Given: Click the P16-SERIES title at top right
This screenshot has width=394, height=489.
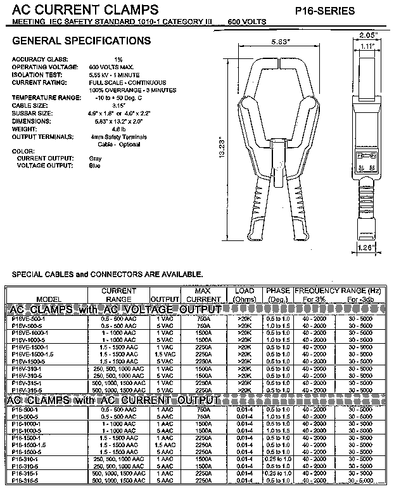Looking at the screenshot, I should point(343,11).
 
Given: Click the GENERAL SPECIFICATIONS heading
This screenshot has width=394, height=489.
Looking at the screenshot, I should point(82,41).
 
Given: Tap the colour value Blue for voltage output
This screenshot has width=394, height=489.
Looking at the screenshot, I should point(94,165).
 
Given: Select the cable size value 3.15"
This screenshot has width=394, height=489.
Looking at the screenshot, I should point(96,105).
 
